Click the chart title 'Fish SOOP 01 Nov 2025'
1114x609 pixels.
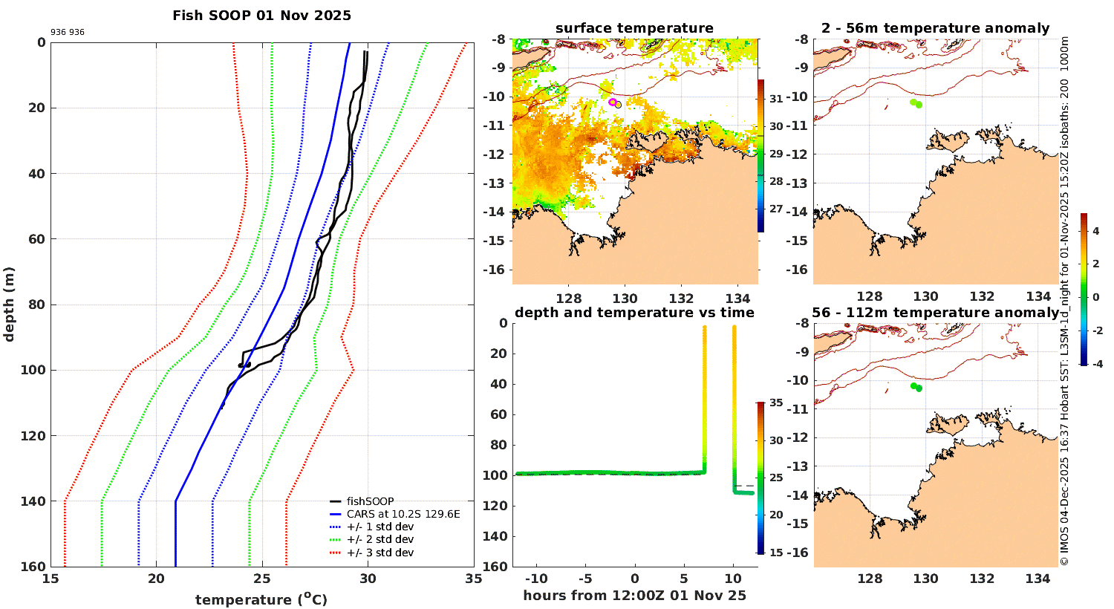point(261,16)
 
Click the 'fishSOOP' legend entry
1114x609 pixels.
point(370,501)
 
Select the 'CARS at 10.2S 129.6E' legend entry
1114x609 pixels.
point(403,514)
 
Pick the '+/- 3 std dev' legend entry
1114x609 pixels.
point(380,553)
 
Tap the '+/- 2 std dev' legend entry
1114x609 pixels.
point(380,539)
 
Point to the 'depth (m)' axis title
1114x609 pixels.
point(10,304)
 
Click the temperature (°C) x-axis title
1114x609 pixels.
point(261,599)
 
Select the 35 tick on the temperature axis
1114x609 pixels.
point(474,579)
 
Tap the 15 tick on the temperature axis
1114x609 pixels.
point(51,579)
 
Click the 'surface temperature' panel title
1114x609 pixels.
point(634,28)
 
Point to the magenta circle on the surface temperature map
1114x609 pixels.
point(613,102)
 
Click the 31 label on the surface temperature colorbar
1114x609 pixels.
point(776,99)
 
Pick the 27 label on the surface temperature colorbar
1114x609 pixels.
point(776,209)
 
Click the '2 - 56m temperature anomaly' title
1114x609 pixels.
point(936,28)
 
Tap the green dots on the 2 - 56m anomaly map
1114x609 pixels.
point(916,103)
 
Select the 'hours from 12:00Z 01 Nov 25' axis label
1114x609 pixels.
point(634,596)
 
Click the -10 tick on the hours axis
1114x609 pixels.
point(535,579)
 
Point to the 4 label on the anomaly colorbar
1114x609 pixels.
point(1096,231)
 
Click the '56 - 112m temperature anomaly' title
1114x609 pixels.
point(936,313)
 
